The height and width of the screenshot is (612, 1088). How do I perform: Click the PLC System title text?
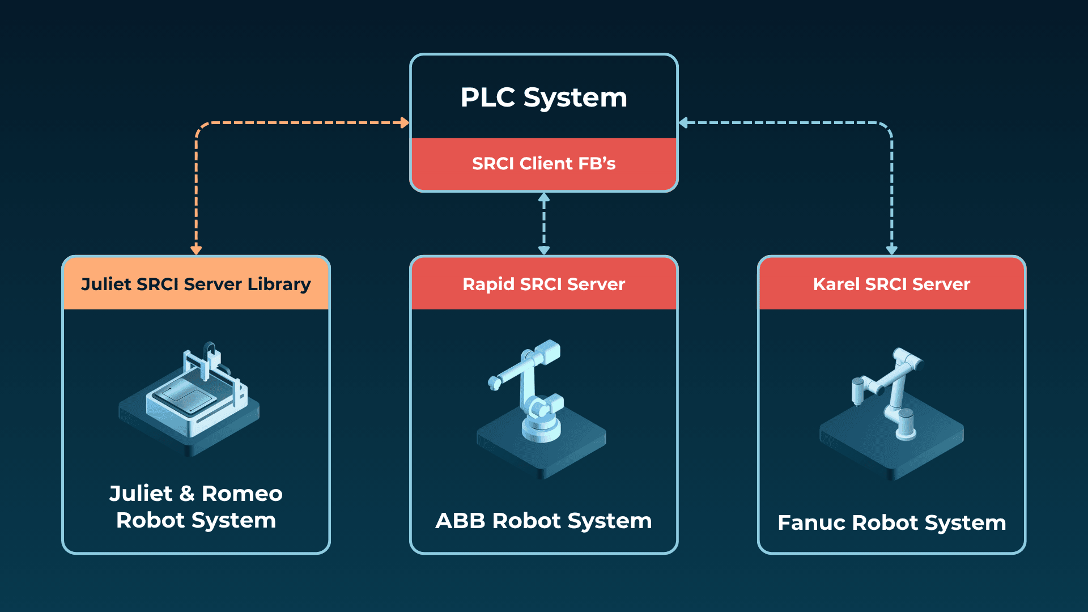[543, 97]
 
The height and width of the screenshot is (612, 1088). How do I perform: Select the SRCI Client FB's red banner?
[543, 164]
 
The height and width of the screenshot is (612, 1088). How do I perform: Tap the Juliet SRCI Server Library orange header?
[195, 284]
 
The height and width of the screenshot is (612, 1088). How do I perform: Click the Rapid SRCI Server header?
[543, 284]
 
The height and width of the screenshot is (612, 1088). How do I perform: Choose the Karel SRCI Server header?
[891, 284]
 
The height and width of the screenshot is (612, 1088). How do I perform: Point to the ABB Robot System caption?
[543, 521]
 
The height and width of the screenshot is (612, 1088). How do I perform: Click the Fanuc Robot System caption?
[891, 522]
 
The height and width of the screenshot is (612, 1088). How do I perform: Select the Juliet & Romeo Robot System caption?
[195, 507]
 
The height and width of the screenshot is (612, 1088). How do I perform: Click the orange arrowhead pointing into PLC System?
[405, 122]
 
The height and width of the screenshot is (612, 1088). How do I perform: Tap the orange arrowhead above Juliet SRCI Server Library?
[196, 250]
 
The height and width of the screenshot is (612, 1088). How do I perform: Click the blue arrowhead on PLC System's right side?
[683, 122]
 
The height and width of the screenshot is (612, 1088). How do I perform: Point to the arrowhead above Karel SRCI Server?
[891, 250]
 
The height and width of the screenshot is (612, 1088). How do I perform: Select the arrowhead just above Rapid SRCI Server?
[543, 250]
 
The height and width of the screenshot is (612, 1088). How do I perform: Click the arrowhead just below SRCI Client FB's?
[543, 197]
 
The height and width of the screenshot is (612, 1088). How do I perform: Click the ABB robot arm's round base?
[541, 428]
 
